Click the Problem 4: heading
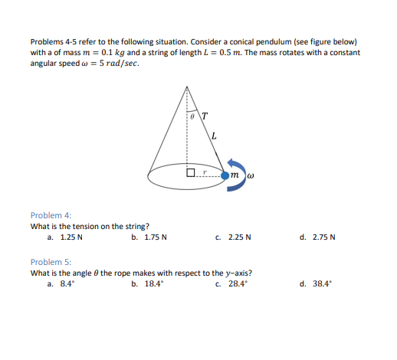tap(51, 215)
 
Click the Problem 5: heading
tap(51, 262)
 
